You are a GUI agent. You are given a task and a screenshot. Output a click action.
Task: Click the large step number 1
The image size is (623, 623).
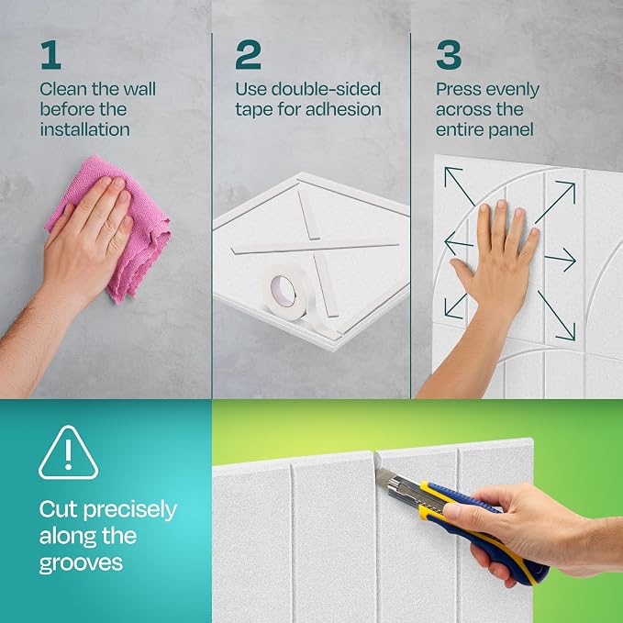(51, 55)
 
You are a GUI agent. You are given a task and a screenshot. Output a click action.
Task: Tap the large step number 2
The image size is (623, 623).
(248, 55)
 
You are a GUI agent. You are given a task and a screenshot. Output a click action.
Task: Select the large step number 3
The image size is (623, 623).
(449, 55)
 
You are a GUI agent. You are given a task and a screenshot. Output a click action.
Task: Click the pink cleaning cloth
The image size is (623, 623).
(116, 227)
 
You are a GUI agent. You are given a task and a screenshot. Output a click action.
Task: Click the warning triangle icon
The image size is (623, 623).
(68, 453)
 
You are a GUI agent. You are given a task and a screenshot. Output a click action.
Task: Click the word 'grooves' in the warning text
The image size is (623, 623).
(81, 563)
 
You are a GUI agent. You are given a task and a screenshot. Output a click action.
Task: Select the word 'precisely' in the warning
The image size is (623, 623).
(130, 510)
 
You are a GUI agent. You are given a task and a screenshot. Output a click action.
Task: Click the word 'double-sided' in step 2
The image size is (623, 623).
(326, 89)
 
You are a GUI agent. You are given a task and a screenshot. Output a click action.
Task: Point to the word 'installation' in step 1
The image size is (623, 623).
(84, 129)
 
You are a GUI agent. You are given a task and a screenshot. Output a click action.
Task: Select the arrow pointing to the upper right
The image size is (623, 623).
(555, 202)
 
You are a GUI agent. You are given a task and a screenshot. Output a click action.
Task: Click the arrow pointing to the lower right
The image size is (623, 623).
(556, 315)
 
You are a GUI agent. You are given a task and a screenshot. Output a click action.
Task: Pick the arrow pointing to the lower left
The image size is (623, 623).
(456, 306)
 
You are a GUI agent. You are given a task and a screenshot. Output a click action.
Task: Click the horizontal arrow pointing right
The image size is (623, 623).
(561, 260)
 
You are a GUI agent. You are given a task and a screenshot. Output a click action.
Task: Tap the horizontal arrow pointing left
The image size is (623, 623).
(459, 243)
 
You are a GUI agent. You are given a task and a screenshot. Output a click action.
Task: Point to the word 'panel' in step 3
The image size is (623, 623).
(512, 130)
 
